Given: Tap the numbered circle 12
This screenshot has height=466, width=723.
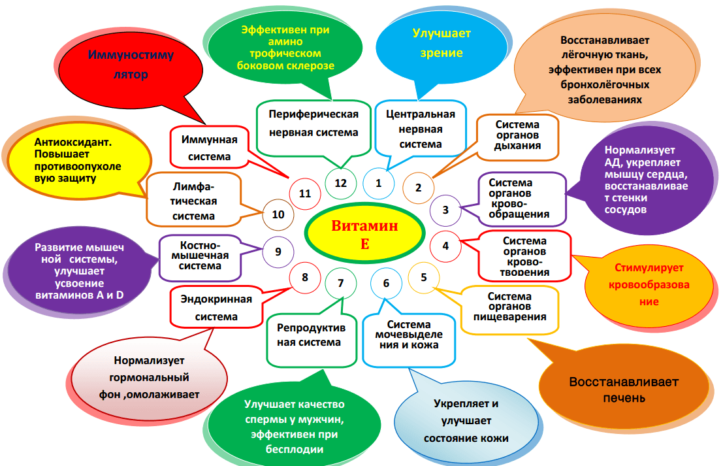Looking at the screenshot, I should click(340, 183).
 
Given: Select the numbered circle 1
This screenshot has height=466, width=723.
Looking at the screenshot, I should click(378, 183).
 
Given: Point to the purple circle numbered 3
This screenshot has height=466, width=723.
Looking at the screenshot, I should click(445, 210).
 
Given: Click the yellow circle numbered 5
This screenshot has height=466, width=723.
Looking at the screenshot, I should click(424, 276).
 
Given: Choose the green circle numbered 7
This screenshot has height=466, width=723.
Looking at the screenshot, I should click(340, 283).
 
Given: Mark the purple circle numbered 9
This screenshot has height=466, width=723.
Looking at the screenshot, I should click(278, 251).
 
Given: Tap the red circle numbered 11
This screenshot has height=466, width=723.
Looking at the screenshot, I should click(304, 193).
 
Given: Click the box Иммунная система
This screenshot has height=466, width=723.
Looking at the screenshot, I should click(210, 148).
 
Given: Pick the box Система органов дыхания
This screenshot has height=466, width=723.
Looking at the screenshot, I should click(517, 135).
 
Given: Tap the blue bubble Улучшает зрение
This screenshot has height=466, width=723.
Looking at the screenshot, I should click(441, 43).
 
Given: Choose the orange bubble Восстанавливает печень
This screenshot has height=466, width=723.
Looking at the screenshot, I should click(623, 390).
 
